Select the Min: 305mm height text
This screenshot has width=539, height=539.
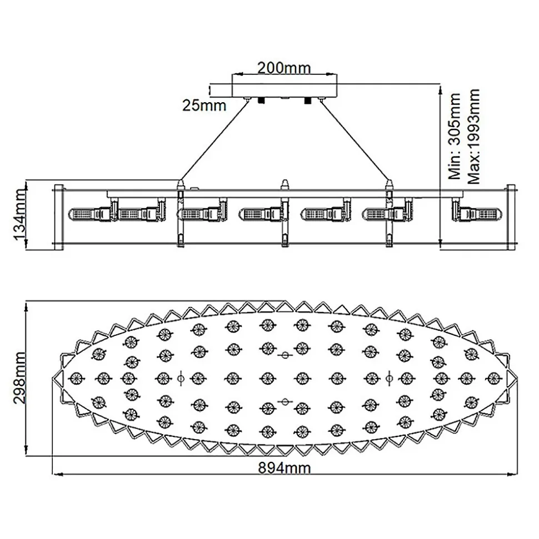(x=455, y=136)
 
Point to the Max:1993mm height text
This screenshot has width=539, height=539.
(x=474, y=137)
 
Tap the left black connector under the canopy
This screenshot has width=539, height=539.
(x=259, y=100)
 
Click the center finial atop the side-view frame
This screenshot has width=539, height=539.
(x=285, y=185)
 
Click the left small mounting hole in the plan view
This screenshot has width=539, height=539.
(x=179, y=378)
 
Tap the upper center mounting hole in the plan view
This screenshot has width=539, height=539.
(x=285, y=354)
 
